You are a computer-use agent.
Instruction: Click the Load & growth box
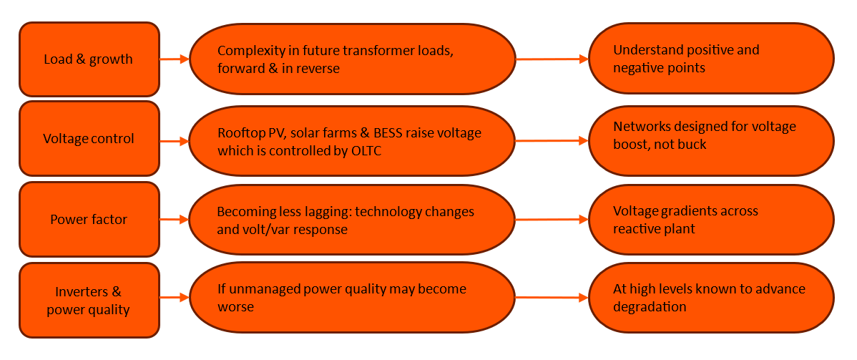[x=89, y=59]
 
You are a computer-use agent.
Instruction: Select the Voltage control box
[x=89, y=139]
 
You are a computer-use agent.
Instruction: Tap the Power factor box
[x=89, y=220]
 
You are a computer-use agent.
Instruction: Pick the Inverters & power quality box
[x=89, y=301]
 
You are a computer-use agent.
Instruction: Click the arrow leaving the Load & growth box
[x=174, y=59]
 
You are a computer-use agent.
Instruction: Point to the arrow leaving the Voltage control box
[x=174, y=141]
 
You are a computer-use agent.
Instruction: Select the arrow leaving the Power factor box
[x=174, y=220]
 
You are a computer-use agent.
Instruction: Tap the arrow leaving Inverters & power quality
[x=174, y=296]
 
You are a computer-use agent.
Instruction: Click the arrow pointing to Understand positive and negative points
[x=552, y=59]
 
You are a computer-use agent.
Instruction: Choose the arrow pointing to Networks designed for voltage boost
[x=552, y=141]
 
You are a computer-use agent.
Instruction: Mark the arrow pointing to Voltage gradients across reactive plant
[x=552, y=220]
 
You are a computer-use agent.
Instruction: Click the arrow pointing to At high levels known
[x=552, y=297]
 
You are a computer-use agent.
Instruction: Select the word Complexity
[x=250, y=51]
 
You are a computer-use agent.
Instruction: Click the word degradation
[x=650, y=307]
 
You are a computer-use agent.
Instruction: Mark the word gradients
[x=688, y=211]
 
